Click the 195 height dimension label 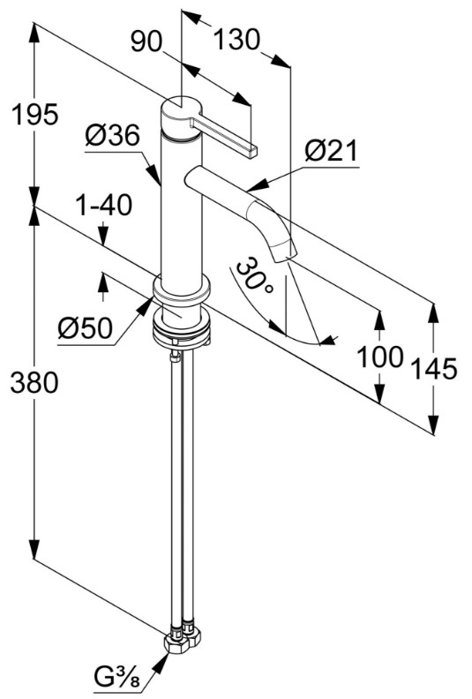[34, 115]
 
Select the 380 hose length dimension [34, 383]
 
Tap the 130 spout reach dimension [236, 39]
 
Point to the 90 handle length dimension [146, 42]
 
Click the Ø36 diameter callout [112, 135]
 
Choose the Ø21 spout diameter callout [331, 151]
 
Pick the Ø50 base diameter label [85, 328]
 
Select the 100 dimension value [380, 357]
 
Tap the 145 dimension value [434, 369]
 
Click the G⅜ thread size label [117, 680]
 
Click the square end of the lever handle [252, 152]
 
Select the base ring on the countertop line [182, 290]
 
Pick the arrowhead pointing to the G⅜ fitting [161, 664]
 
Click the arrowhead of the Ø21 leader [258, 186]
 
